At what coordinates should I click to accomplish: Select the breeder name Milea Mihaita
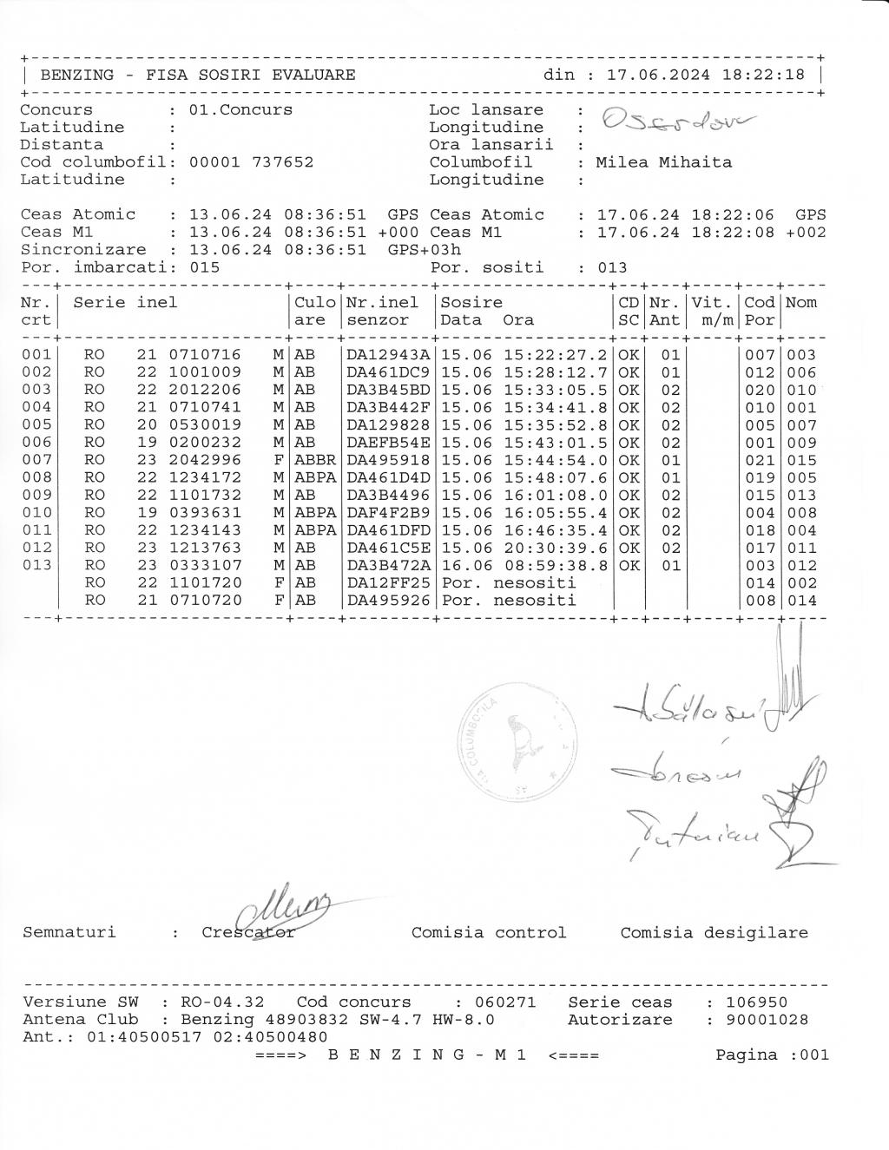[x=663, y=162]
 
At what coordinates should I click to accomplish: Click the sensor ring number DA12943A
[x=388, y=355]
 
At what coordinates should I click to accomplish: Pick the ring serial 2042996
[x=204, y=460]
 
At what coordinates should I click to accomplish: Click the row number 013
[x=36, y=565]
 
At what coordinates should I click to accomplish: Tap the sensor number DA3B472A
[x=388, y=565]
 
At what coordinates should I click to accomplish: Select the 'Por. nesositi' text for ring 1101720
[x=508, y=582]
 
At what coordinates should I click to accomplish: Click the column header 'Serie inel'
[x=125, y=303]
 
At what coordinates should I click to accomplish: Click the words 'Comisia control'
[x=488, y=933]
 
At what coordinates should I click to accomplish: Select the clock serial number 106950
[x=758, y=1002]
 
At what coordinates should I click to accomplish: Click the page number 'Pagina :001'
[x=772, y=1055]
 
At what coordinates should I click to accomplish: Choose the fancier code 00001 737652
[x=251, y=162]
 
